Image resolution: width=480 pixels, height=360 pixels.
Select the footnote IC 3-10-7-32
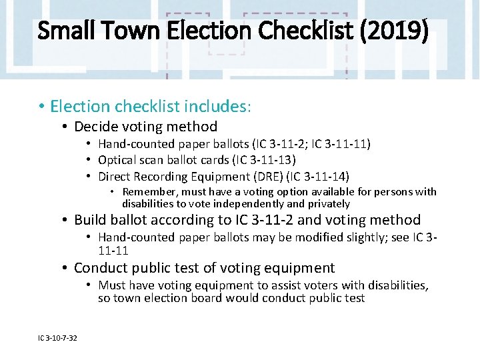[57, 338]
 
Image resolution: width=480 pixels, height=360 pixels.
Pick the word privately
[327, 203]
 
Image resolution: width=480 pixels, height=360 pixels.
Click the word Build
[90, 220]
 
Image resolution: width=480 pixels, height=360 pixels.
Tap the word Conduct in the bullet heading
[101, 268]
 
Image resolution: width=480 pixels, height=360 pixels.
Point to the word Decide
[97, 127]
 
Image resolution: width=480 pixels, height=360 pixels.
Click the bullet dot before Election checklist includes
[41, 106]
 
